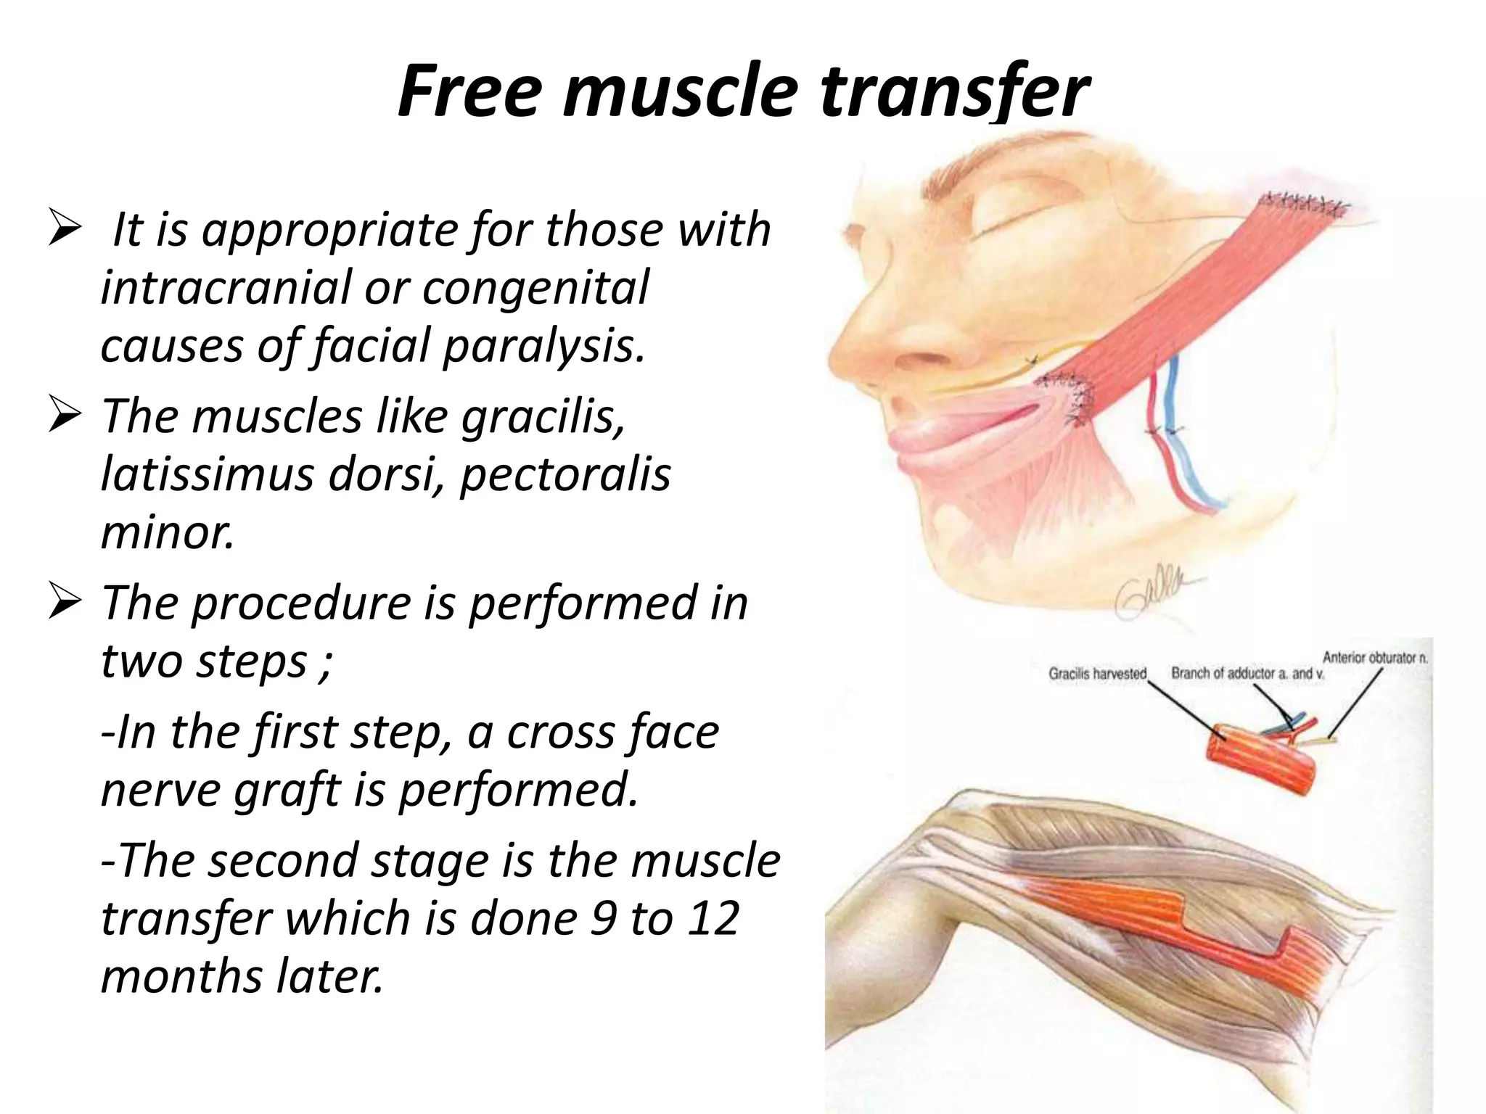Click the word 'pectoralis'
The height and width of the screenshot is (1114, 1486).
(565, 475)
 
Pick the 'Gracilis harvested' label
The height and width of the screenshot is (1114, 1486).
(1096, 674)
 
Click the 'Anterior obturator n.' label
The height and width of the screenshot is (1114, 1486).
(1374, 658)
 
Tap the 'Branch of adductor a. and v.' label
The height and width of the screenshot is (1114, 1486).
(1247, 673)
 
